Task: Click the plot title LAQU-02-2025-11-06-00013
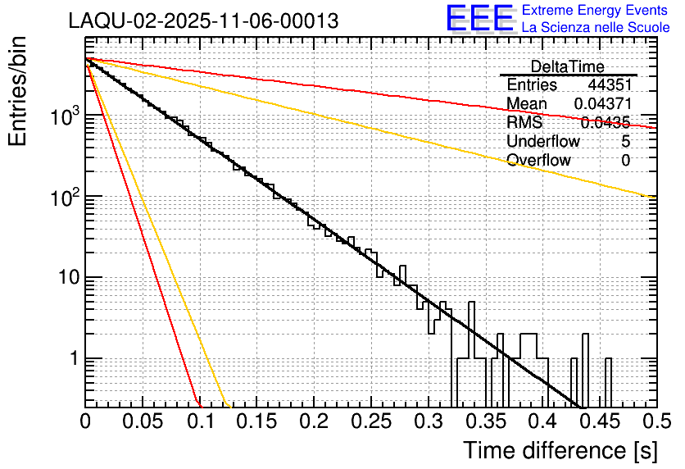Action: pos(204,21)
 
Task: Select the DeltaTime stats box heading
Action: pos(567,66)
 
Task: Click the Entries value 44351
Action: pos(609,84)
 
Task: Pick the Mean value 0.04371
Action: pos(601,103)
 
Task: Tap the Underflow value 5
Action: pos(625,141)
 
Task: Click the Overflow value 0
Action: pos(625,160)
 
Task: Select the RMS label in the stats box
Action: pos(524,122)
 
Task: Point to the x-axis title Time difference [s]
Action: pos(559,449)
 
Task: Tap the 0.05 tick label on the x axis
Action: pos(143,422)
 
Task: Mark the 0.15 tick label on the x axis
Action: pos(256,422)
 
